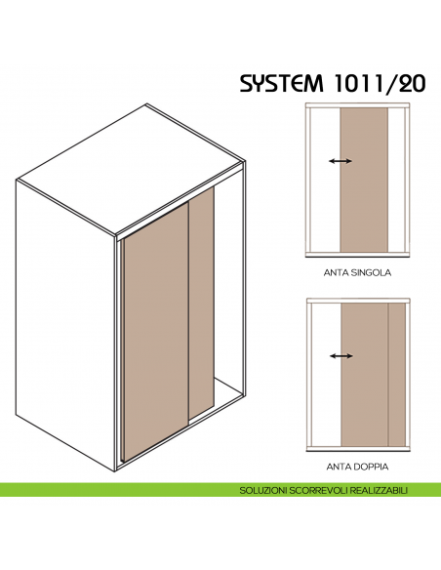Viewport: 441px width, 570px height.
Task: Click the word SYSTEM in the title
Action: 291,83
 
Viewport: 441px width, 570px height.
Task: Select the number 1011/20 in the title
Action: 385,83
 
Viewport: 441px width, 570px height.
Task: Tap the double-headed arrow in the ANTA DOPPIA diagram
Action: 341,356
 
